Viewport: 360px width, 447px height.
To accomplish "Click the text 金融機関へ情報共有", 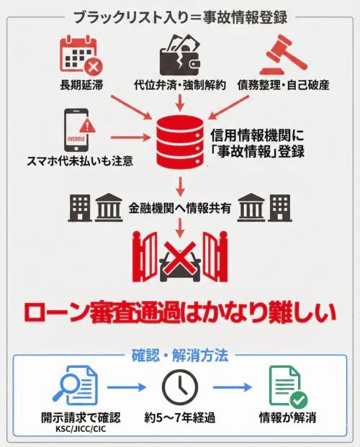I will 180,208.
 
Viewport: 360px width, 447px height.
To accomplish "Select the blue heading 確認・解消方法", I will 180,356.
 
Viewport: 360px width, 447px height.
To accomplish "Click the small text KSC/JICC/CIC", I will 80,428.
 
